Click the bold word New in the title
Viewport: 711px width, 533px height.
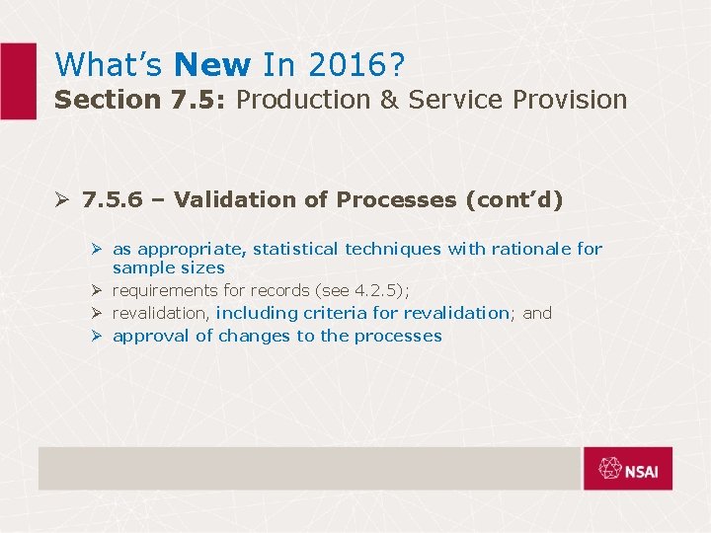point(211,65)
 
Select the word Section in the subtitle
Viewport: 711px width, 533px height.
point(93,100)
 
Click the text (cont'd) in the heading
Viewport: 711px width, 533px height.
point(513,200)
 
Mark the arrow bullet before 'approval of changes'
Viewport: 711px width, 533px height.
point(98,336)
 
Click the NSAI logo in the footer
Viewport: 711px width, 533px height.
point(627,469)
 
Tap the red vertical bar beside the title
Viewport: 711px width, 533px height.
point(17,81)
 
